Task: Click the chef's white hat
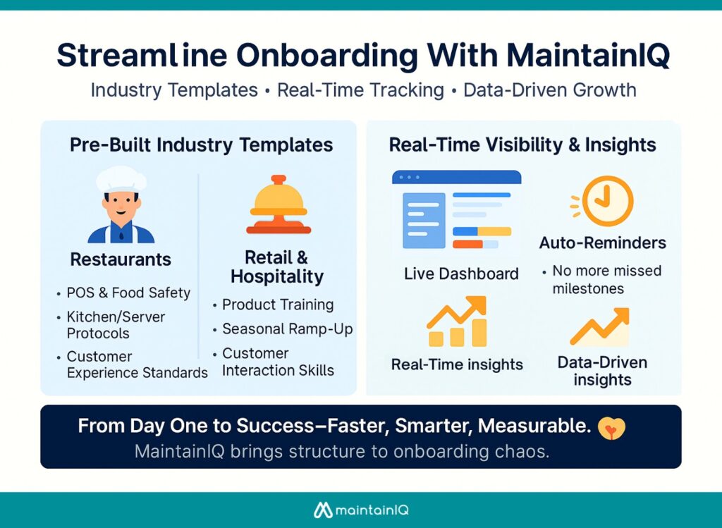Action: (121, 179)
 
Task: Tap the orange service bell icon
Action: (278, 206)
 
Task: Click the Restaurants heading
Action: (121, 259)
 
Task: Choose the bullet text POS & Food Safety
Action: (128, 293)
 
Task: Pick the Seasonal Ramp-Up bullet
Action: (287, 329)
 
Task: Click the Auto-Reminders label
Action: (602, 243)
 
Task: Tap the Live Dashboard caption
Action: (461, 274)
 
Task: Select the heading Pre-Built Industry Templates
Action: (201, 145)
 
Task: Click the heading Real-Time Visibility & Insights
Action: (522, 145)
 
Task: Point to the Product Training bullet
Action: (278, 305)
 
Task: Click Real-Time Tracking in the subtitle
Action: (360, 90)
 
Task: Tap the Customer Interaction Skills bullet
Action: (278, 362)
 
